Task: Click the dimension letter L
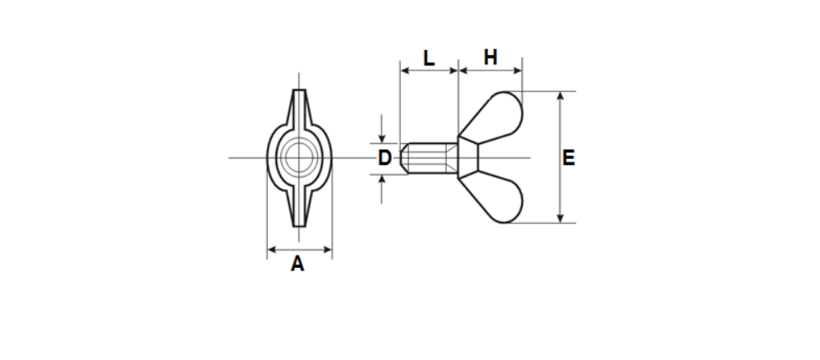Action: [x=428, y=58]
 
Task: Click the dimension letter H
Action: [x=490, y=58]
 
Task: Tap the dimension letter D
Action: [x=385, y=158]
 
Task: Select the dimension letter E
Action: [x=568, y=158]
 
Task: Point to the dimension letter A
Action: [x=298, y=264]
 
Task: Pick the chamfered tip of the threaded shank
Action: [x=404, y=158]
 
